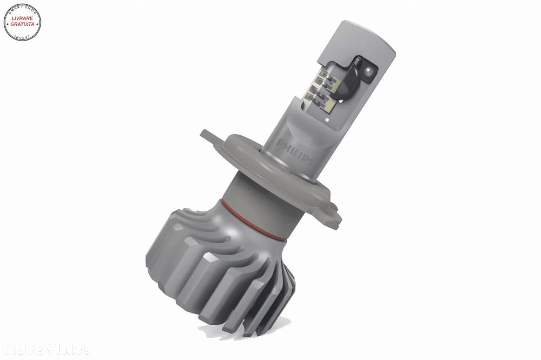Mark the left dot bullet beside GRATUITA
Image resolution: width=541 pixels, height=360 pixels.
click(6, 25)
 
